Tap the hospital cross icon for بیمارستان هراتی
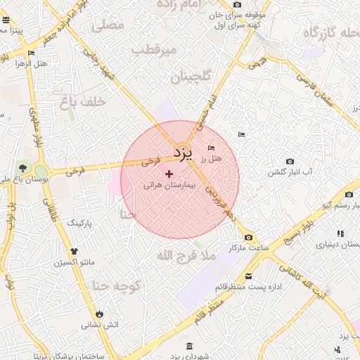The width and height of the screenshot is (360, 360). pos(169,173)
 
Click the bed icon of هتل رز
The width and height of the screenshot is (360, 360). pos(212,148)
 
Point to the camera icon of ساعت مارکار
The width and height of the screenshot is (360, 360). pos(248,238)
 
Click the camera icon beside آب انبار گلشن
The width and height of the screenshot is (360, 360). pos(290,162)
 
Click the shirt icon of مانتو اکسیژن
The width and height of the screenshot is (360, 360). pos(74,251)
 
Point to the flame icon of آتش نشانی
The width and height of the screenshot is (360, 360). pos(101,314)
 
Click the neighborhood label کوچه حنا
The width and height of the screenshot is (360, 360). pos(117,285)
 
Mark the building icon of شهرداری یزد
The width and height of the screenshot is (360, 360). pos(190,346)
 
